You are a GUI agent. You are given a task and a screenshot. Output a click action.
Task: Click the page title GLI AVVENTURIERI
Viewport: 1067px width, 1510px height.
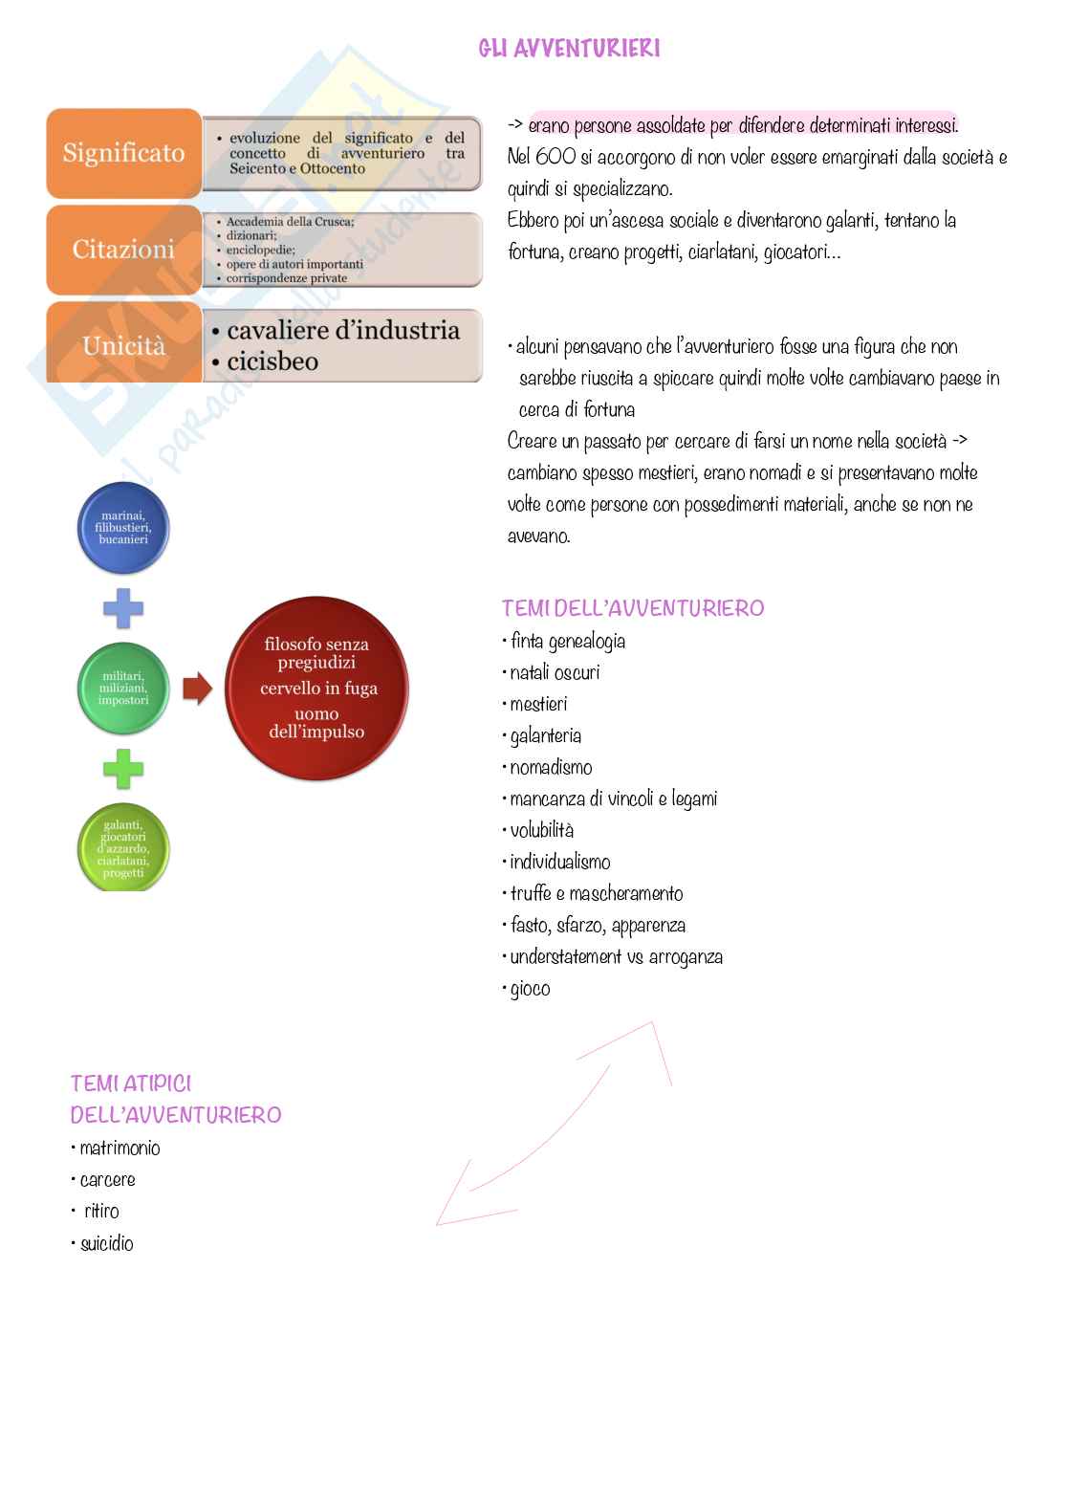tap(569, 48)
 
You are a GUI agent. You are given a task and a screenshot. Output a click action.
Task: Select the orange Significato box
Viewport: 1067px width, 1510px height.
tap(123, 153)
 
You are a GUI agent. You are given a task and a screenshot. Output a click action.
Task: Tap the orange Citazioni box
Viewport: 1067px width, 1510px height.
tap(123, 250)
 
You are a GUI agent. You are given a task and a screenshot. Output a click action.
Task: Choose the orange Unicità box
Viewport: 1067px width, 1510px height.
tap(123, 345)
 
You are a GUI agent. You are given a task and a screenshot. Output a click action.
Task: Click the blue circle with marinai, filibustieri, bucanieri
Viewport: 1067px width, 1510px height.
tap(123, 528)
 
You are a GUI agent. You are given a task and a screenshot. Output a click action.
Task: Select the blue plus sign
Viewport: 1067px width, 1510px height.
tap(123, 608)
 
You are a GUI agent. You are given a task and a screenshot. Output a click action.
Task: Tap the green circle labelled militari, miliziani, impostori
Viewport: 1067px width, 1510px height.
tap(123, 689)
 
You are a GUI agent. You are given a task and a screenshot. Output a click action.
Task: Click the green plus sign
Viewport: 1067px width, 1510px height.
tap(123, 769)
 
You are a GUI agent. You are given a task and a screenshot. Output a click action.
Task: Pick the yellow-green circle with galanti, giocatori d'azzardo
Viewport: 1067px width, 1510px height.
tap(123, 848)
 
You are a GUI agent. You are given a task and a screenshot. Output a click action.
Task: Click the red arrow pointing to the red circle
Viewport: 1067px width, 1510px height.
tap(197, 689)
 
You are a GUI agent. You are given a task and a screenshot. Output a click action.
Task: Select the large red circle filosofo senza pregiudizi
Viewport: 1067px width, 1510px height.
tap(316, 689)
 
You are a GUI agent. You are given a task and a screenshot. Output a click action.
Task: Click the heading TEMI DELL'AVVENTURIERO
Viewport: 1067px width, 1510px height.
tap(633, 608)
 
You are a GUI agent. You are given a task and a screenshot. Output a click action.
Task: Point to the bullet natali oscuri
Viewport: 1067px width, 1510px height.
tap(555, 673)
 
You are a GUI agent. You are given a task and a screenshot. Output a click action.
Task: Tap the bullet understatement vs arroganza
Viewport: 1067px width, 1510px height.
tap(616, 957)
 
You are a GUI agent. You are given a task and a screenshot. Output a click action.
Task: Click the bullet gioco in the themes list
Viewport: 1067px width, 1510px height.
tap(530, 989)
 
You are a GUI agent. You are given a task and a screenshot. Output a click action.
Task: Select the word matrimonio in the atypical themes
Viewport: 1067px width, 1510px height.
tap(120, 1149)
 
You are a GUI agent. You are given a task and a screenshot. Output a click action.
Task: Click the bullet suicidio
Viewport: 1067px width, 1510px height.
tap(106, 1244)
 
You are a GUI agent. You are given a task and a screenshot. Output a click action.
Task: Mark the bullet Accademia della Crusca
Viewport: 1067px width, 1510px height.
tap(290, 222)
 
